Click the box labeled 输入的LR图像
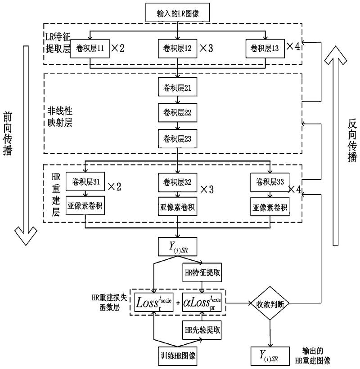[x=179, y=12]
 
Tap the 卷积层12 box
[x=178, y=48]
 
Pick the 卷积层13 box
[x=265, y=48]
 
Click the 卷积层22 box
[x=178, y=113]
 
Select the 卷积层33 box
[x=270, y=182]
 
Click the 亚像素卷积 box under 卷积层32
[x=178, y=208]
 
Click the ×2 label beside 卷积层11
[x=117, y=48]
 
